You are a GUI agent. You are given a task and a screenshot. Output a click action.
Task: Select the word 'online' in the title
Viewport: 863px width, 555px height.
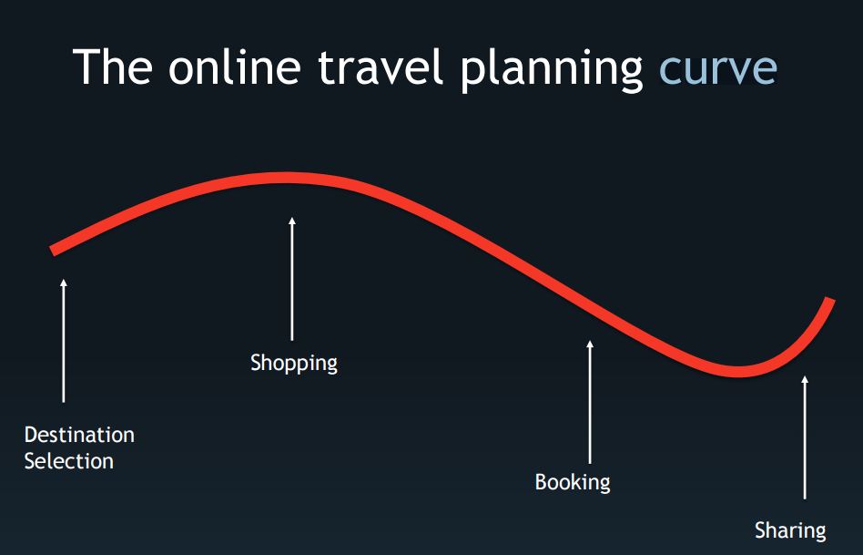(235, 67)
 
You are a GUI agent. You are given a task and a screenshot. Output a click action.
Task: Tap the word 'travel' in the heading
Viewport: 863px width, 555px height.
(381, 67)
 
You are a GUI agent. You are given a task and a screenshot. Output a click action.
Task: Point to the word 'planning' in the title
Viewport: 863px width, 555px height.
(552, 70)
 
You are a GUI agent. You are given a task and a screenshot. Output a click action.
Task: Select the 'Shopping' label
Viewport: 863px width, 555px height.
(294, 364)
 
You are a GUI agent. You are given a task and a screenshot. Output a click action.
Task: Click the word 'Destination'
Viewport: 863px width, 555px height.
(79, 435)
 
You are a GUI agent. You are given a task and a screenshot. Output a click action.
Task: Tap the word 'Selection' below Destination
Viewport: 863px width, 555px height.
(69, 461)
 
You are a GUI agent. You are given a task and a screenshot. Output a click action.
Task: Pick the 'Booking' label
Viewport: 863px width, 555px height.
(573, 483)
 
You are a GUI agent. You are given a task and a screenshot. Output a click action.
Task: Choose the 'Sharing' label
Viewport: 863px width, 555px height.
(790, 530)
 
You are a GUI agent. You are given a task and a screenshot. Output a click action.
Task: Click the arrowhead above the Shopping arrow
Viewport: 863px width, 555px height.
(292, 221)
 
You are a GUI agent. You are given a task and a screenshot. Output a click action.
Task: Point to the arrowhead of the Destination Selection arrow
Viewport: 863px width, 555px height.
(64, 283)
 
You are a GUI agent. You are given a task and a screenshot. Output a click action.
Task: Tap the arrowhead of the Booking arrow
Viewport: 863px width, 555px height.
(590, 344)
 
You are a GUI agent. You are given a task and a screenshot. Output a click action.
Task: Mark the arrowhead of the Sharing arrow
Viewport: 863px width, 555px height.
(805, 380)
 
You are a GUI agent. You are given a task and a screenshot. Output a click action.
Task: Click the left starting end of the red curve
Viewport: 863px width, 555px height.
(52, 251)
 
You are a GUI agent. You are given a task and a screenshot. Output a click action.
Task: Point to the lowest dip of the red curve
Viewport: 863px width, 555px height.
(737, 372)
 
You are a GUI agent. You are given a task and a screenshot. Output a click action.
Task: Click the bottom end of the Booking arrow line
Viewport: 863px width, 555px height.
(590, 463)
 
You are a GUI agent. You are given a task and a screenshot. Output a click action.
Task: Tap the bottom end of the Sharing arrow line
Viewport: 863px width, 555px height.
(805, 498)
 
